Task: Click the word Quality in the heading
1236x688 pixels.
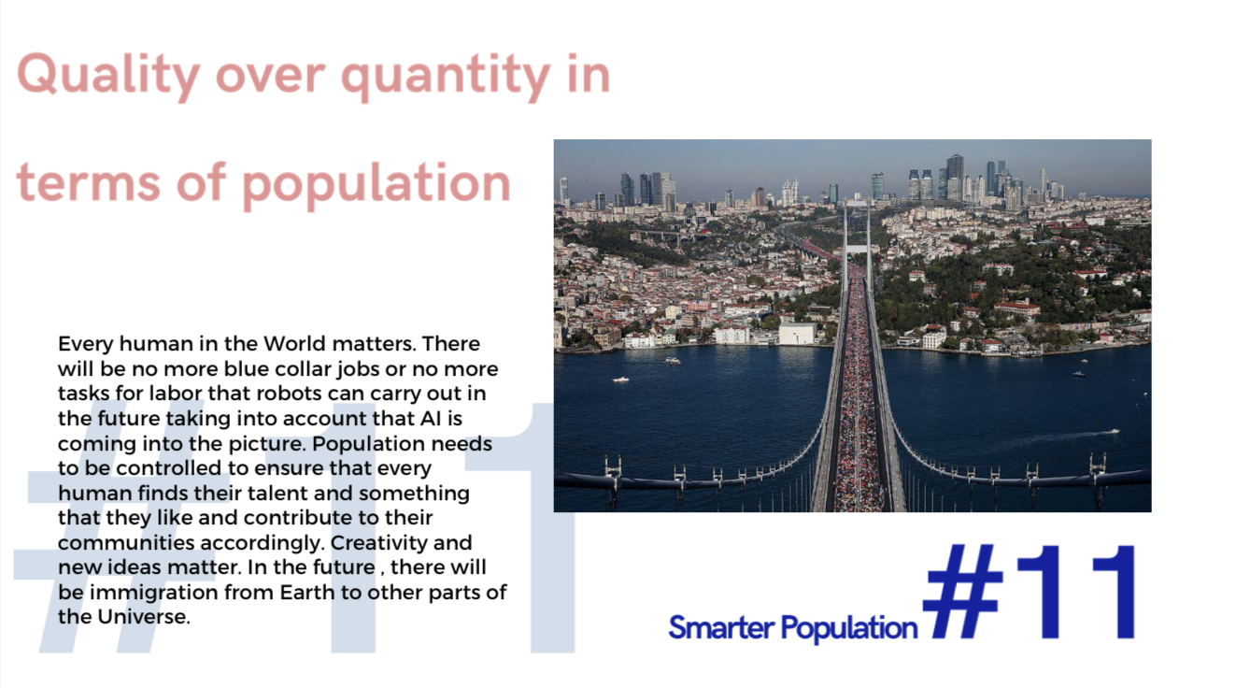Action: (x=108, y=76)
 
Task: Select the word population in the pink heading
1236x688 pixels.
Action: (x=376, y=184)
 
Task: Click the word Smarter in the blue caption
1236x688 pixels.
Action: (x=721, y=628)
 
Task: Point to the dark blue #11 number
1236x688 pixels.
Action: (x=1029, y=592)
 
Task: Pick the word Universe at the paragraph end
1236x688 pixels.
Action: (x=144, y=617)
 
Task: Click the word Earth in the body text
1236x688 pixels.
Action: (x=307, y=592)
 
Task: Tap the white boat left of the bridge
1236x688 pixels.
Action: (x=620, y=380)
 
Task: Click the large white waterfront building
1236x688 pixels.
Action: (x=797, y=334)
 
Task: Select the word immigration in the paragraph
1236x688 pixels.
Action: (x=154, y=593)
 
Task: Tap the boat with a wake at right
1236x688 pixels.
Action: (x=1114, y=431)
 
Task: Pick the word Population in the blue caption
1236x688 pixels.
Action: (x=849, y=629)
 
